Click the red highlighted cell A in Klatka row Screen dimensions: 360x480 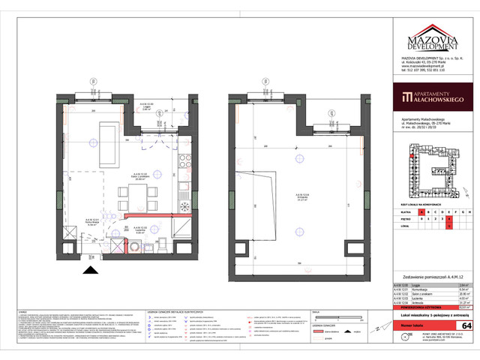[x=449, y=213]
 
